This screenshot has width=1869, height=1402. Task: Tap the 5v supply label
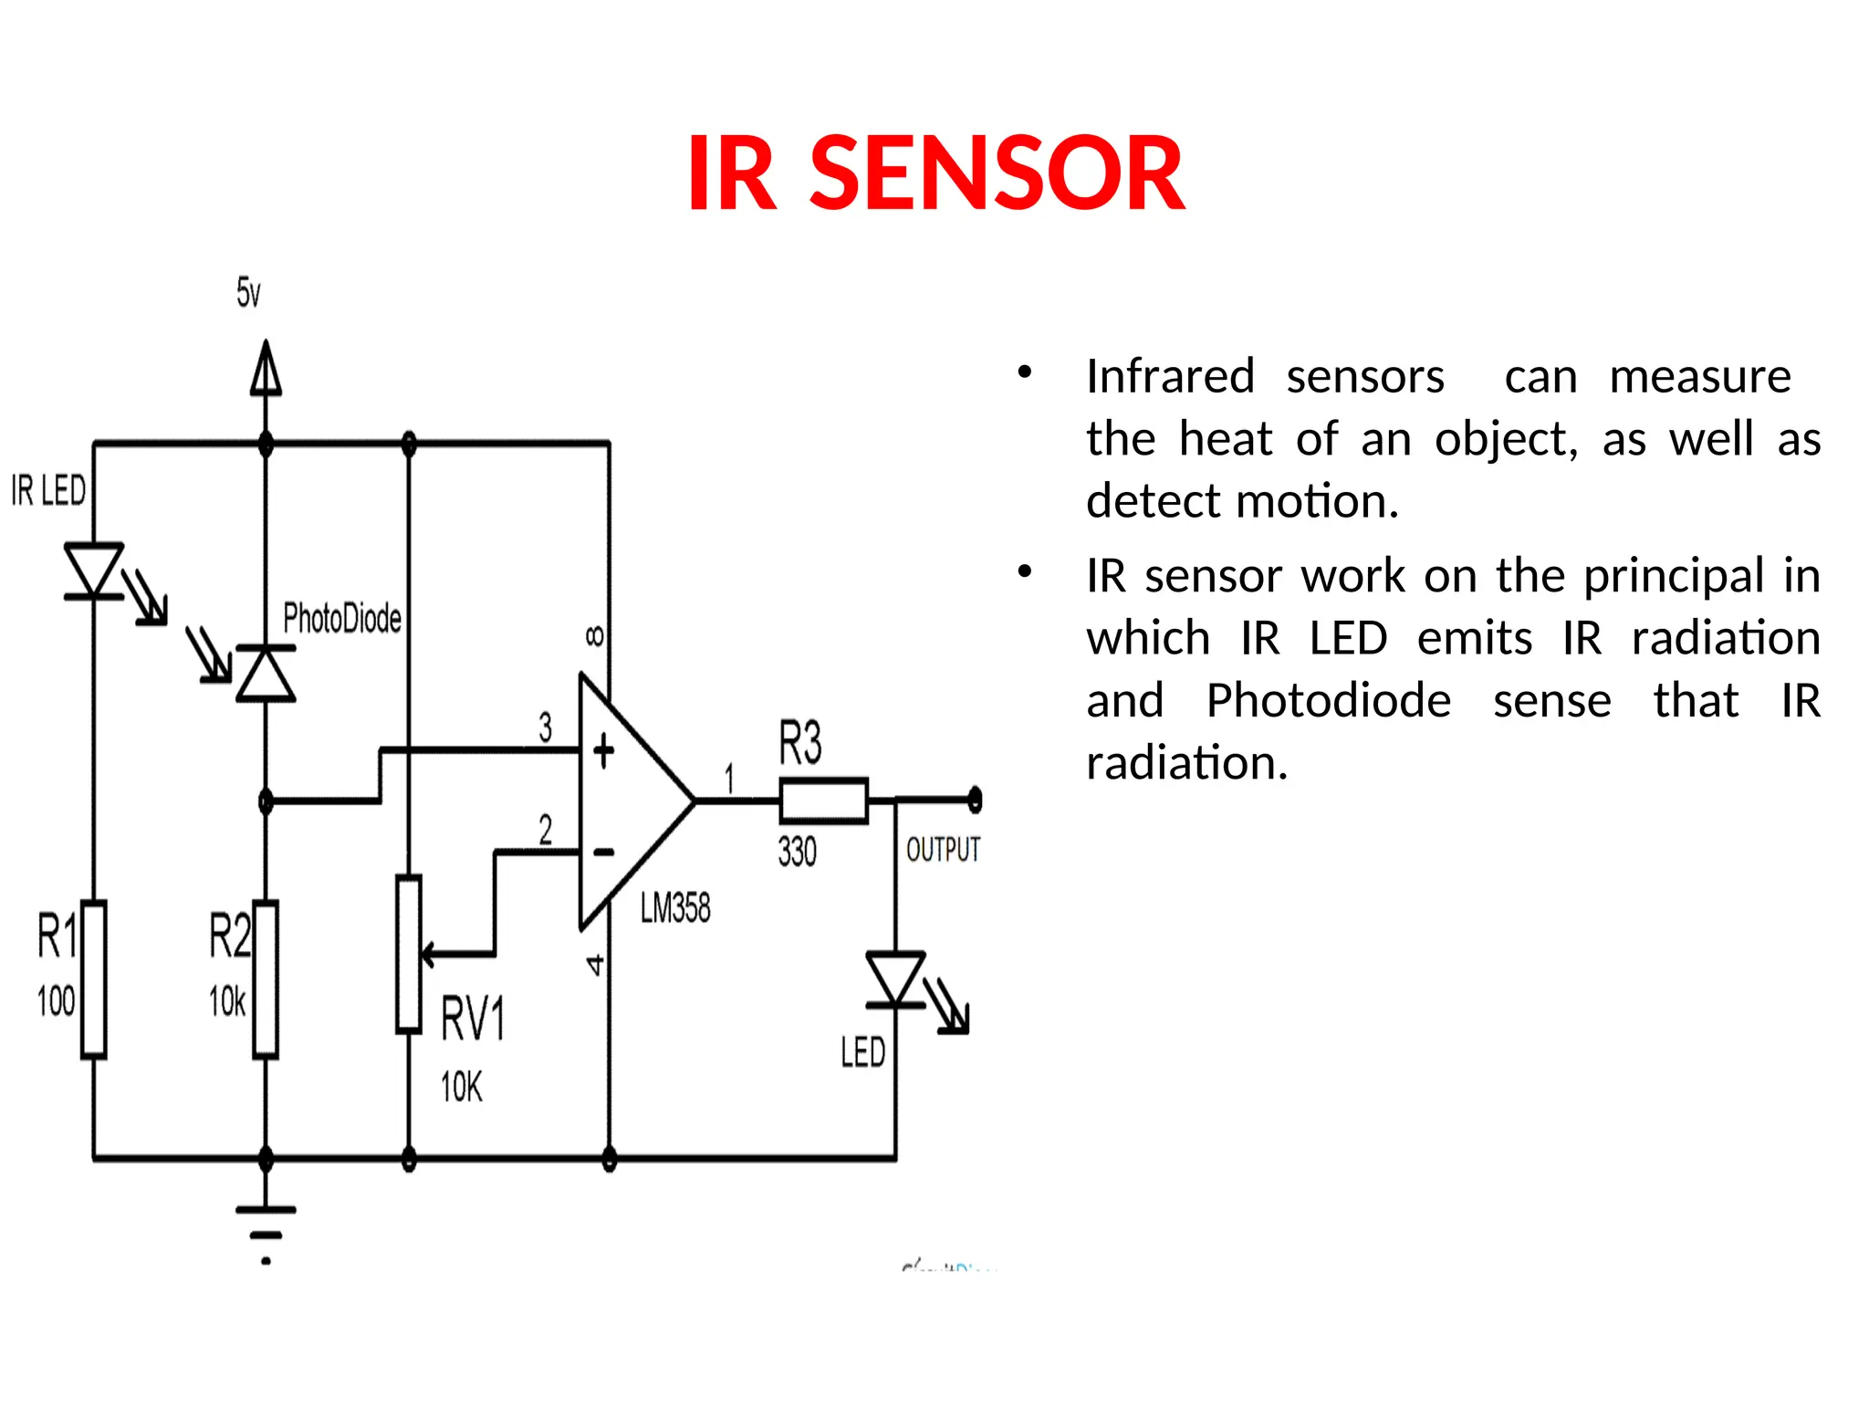(248, 293)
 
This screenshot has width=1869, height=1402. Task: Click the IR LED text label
(48, 491)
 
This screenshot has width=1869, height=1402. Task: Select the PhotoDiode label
(341, 618)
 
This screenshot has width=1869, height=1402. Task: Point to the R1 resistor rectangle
(94, 979)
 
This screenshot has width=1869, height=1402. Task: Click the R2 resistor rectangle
(266, 979)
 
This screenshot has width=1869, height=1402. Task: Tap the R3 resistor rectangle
(823, 801)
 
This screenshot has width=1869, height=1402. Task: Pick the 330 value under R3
(797, 852)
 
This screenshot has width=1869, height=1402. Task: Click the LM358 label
(674, 908)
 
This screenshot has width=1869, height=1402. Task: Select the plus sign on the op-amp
(603, 752)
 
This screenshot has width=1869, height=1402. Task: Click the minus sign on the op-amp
(603, 853)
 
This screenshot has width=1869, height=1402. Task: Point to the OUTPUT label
(942, 850)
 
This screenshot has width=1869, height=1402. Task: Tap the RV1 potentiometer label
(472, 1019)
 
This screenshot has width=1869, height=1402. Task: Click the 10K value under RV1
(461, 1087)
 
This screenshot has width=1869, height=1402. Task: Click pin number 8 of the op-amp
(594, 635)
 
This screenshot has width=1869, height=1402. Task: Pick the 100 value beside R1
(56, 1001)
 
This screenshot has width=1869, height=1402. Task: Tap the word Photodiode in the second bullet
(1328, 701)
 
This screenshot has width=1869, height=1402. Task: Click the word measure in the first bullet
(1699, 376)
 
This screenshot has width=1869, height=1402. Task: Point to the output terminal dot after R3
(975, 800)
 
